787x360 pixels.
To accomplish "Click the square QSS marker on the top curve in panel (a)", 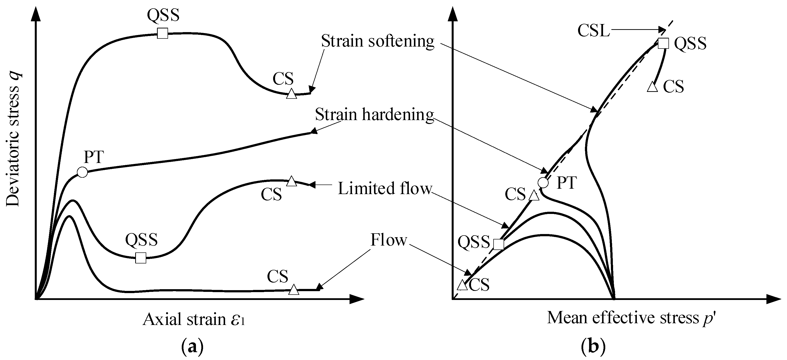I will click(163, 33).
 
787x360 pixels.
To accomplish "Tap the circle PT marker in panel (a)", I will click(82, 172).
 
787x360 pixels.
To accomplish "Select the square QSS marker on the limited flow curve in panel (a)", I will click(141, 258).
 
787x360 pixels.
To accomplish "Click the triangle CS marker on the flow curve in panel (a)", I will click(294, 290).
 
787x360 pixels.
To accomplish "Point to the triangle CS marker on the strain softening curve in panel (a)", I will click(291, 94).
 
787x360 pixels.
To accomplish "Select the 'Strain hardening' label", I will click(374, 115).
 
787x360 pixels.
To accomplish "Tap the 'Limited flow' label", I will click(385, 188).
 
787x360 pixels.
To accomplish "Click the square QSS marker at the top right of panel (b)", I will click(663, 43).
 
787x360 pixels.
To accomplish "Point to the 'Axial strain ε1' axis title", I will click(194, 320).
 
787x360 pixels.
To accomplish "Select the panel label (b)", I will click(593, 348).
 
